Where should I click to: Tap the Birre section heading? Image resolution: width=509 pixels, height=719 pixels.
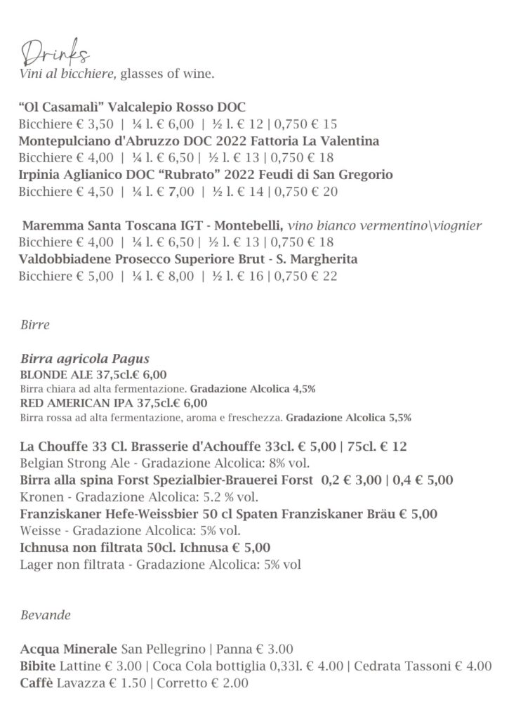(35, 326)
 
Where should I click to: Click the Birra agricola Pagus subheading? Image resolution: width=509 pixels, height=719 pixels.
(85, 359)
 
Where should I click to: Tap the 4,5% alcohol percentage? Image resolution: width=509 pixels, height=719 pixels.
(303, 388)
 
